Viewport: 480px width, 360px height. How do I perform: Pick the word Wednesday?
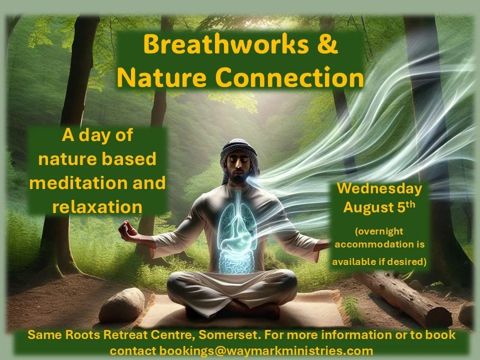pyautogui.click(x=379, y=189)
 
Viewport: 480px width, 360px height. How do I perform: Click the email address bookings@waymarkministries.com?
pyautogui.click(x=252, y=350)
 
